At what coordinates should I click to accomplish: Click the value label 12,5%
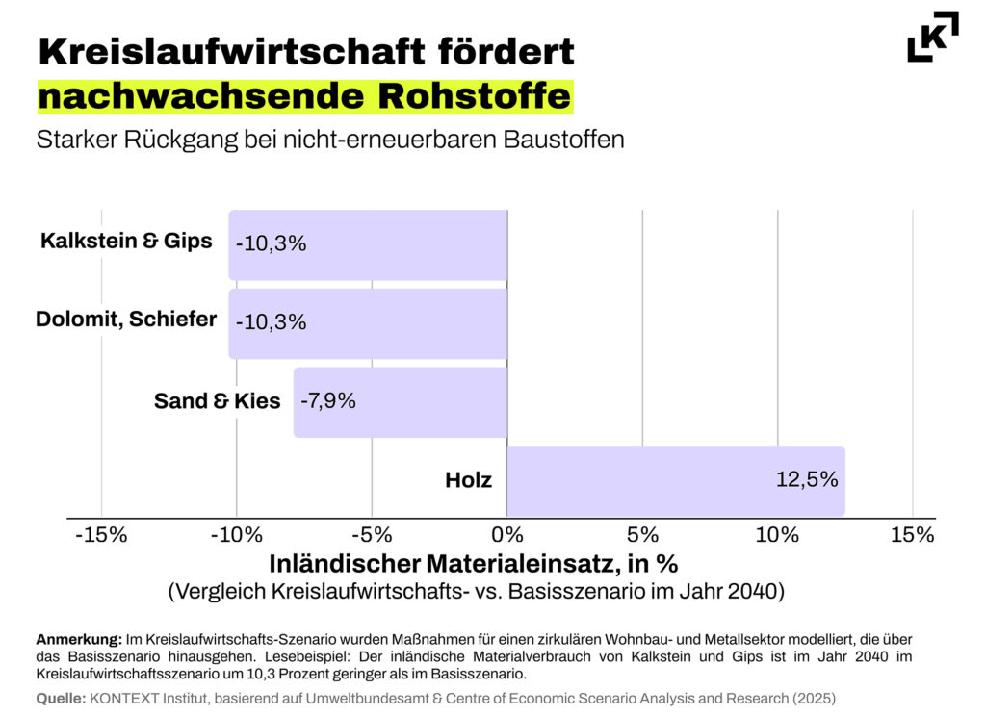tap(807, 479)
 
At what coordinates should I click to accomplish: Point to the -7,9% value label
tap(328, 400)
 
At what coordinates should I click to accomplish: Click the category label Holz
tap(468, 479)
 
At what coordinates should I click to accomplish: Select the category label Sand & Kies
tap(217, 401)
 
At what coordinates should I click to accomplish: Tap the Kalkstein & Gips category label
tap(126, 241)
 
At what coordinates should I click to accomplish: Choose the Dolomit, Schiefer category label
tap(126, 320)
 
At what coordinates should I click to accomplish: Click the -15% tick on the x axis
tap(101, 535)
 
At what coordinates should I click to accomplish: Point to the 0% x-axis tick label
tap(506, 535)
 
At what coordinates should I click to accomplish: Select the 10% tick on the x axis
tap(777, 535)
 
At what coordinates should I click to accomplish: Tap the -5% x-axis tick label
tap(372, 535)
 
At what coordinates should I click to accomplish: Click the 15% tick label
tap(912, 535)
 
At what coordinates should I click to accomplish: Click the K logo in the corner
tap(932, 37)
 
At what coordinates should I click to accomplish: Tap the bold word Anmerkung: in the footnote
tap(79, 639)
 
